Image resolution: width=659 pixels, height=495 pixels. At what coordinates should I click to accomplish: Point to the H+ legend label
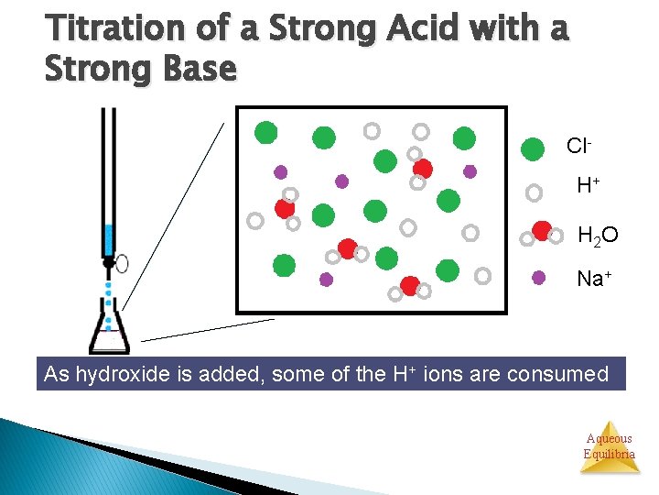click(588, 186)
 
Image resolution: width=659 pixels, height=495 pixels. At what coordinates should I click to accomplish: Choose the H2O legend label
click(598, 236)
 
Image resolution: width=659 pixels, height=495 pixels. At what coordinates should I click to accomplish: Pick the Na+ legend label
click(595, 279)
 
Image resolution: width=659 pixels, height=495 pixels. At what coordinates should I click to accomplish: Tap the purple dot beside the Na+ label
click(539, 277)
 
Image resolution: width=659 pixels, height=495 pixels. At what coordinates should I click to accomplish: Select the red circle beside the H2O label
click(541, 230)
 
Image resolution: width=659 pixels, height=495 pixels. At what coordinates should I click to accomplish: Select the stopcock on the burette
click(111, 263)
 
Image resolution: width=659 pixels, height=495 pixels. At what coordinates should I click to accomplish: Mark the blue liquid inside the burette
click(108, 239)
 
